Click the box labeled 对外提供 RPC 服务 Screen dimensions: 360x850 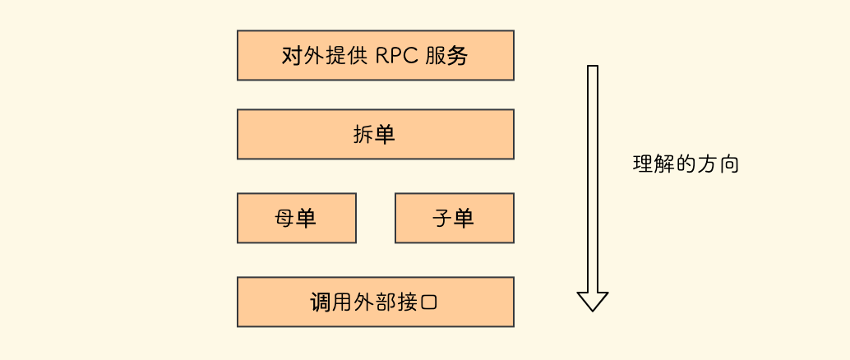(375, 55)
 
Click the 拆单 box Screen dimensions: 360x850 (375, 134)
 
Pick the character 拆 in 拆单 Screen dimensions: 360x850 (363, 135)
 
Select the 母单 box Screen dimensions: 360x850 (296, 218)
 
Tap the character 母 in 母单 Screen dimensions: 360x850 (284, 219)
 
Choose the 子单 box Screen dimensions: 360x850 (454, 218)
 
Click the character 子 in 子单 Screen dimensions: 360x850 (442, 219)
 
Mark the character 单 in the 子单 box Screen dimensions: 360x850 (464, 219)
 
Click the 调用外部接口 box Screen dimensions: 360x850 (375, 302)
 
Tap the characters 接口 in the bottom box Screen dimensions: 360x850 (418, 302)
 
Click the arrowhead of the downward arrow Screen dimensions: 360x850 (592, 301)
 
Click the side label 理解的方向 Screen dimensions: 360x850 (686, 164)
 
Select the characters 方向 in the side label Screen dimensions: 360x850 (718, 164)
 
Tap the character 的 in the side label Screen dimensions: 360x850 (686, 164)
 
